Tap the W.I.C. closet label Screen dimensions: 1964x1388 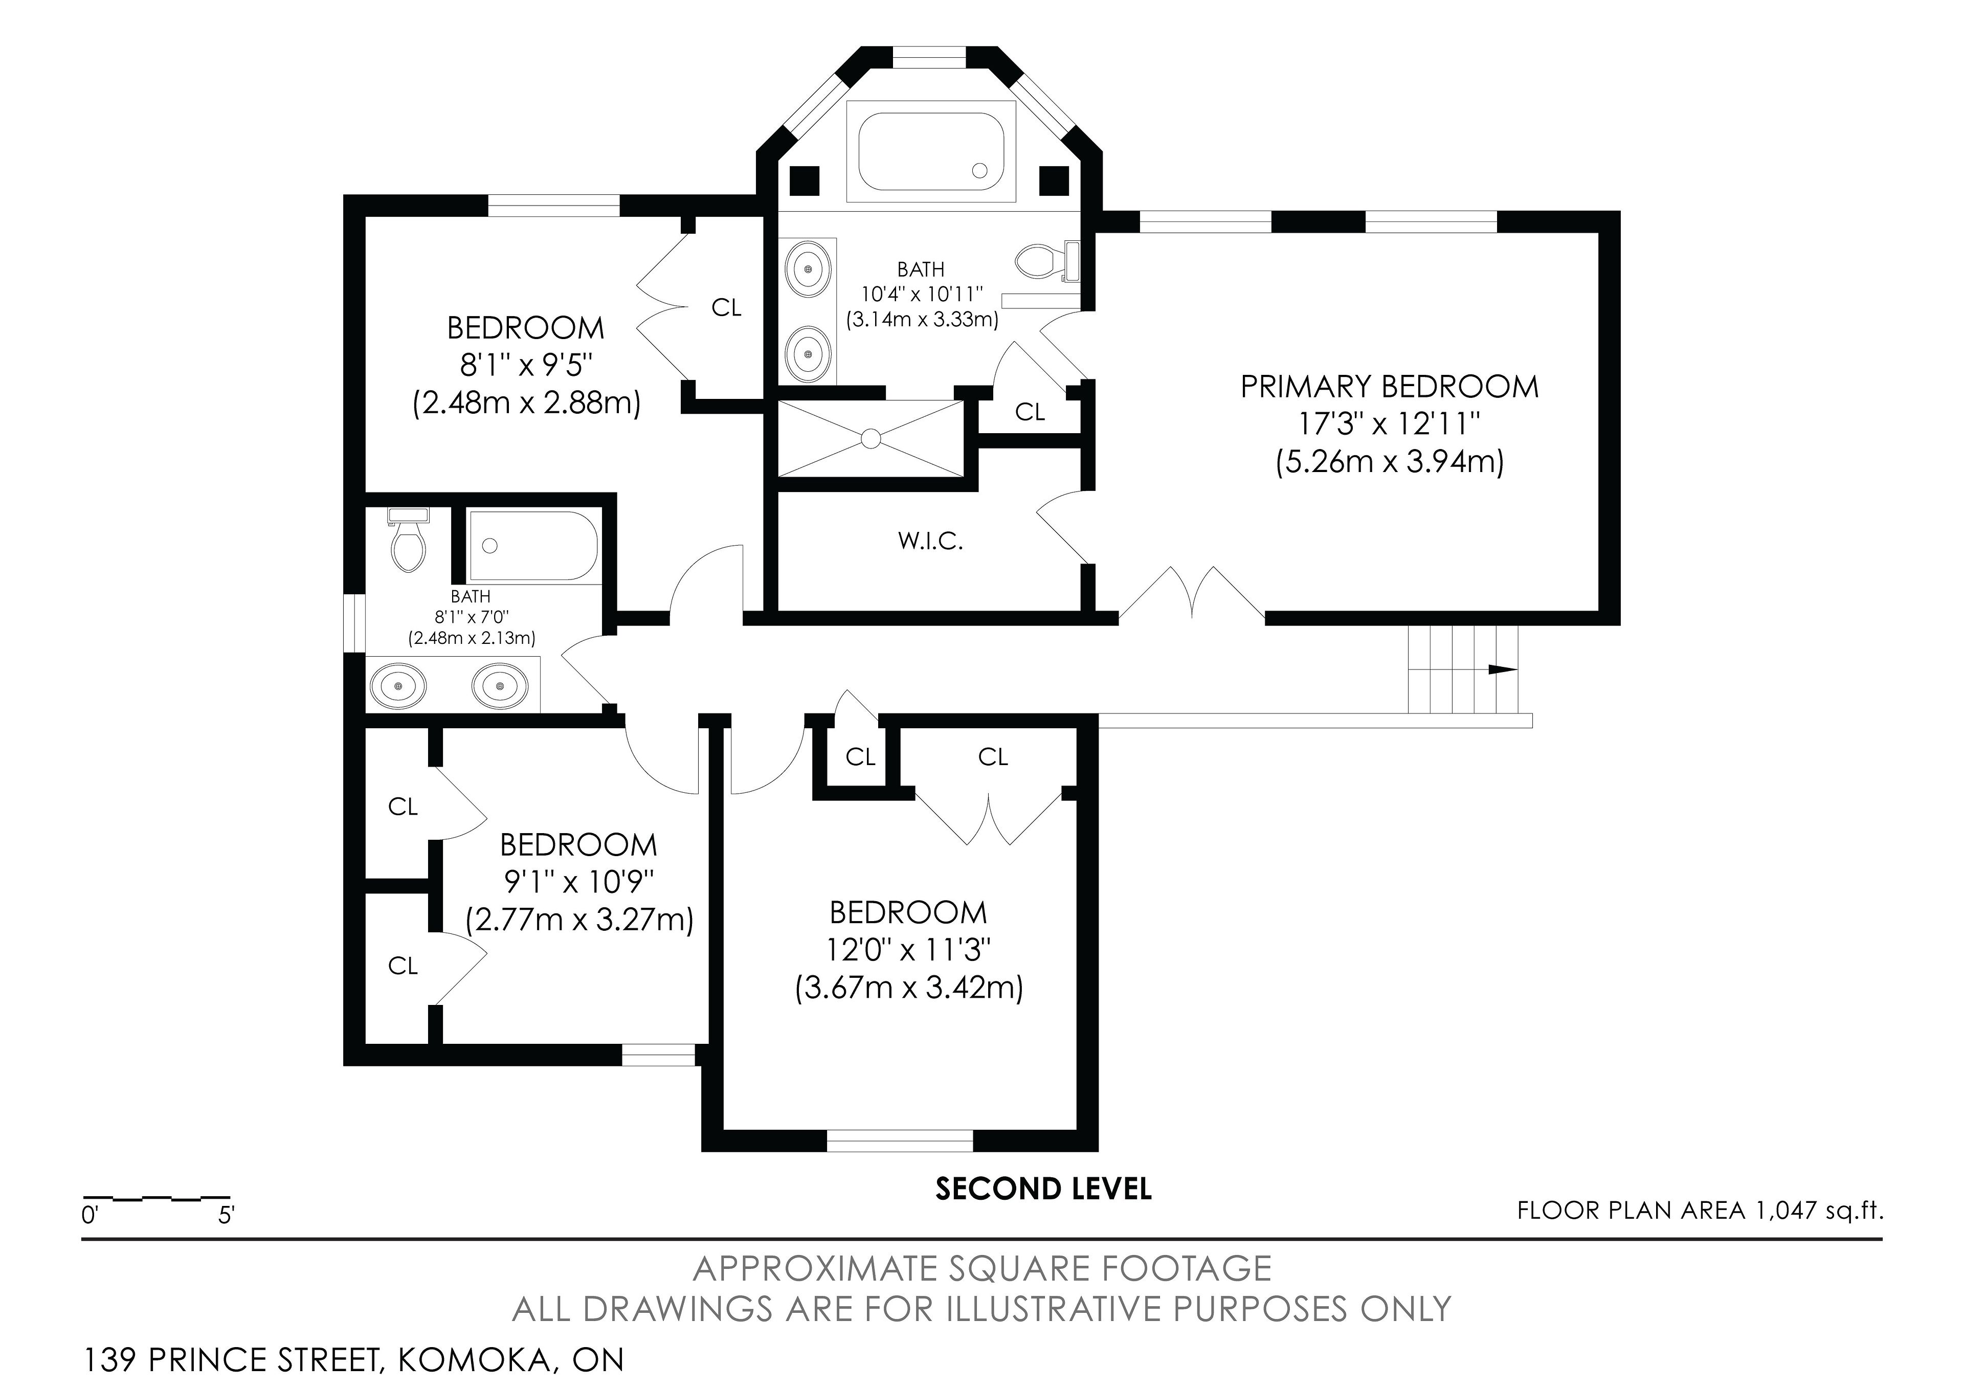coord(931,542)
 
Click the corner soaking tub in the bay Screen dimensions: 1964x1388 coord(930,151)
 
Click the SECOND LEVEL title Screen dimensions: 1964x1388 coord(1043,1189)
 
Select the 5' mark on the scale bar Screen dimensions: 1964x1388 coord(226,1215)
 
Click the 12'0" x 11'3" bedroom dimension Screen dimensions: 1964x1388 coord(908,950)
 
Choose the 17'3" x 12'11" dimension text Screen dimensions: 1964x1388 coord(1389,424)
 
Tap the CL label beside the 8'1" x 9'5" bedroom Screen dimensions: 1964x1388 coord(726,308)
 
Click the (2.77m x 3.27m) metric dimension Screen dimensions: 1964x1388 coord(579,920)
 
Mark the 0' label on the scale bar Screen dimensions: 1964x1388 coord(91,1215)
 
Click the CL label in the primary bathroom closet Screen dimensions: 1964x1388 coord(1030,412)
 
